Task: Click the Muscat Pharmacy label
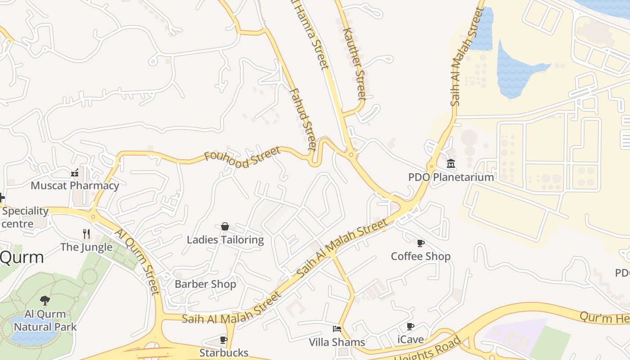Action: click(x=75, y=185)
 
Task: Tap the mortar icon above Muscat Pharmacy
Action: click(x=75, y=173)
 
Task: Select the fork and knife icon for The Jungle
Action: click(x=86, y=234)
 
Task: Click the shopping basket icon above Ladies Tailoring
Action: click(x=225, y=226)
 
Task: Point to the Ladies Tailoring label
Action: click(x=225, y=239)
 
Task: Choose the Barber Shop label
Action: click(x=205, y=284)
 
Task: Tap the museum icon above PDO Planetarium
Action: click(x=451, y=164)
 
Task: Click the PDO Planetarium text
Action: click(x=451, y=177)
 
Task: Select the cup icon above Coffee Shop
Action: click(x=421, y=243)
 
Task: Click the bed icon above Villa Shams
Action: click(x=337, y=329)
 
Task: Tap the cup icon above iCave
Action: click(x=410, y=326)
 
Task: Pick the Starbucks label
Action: click(x=224, y=352)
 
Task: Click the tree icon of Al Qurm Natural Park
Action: click(x=45, y=300)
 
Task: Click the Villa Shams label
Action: click(x=337, y=342)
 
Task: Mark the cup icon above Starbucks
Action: click(x=224, y=340)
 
